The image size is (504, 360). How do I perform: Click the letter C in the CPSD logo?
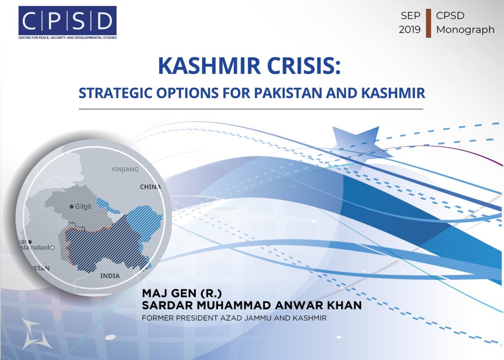tap(30, 21)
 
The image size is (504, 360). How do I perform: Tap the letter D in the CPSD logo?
tap(104, 21)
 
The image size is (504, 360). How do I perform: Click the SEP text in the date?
tap(410, 15)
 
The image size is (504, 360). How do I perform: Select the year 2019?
tap(410, 30)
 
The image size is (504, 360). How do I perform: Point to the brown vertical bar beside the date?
tap(428, 23)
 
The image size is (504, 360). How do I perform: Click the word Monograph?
tap(465, 30)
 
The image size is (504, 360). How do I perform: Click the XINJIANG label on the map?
tap(125, 169)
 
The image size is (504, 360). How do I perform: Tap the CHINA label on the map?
tap(151, 187)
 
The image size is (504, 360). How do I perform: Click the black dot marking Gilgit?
tap(71, 207)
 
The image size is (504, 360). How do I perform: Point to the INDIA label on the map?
tap(110, 276)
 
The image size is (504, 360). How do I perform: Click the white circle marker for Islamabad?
tap(53, 247)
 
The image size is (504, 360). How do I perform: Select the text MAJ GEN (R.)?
tap(182, 293)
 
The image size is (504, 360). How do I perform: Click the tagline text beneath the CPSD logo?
tap(67, 38)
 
